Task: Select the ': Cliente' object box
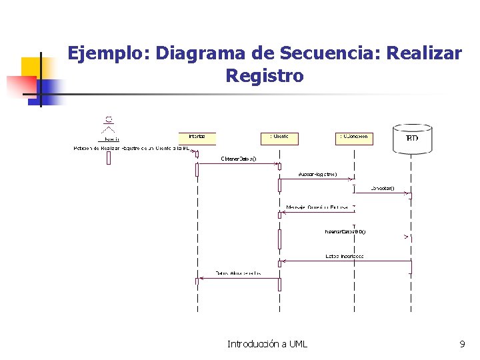(x=279, y=138)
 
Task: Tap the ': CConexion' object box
(x=353, y=138)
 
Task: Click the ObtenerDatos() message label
(x=238, y=159)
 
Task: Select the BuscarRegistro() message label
(x=317, y=175)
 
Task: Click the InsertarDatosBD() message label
(x=345, y=232)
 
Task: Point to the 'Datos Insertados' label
(x=344, y=256)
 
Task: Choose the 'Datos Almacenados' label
(x=238, y=273)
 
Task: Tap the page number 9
(x=462, y=344)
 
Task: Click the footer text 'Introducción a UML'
(x=267, y=344)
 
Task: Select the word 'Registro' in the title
(x=265, y=76)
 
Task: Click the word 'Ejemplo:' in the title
(x=109, y=53)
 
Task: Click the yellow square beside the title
(x=32, y=67)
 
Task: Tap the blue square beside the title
(x=48, y=88)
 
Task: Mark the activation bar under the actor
(x=109, y=158)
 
